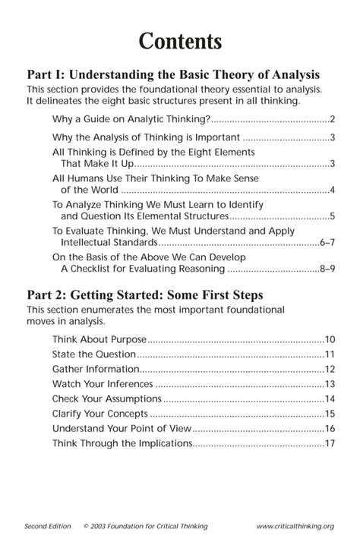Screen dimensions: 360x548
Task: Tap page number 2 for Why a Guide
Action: pos(333,119)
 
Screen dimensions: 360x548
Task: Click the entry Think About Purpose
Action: pos(99,339)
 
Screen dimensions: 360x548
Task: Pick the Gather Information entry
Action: pos(96,369)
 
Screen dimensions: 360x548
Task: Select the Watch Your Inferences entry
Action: pos(103,384)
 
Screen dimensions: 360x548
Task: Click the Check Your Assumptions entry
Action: pos(106,398)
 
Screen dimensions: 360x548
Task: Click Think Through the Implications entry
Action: pos(122,443)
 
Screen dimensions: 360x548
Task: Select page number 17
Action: pos(330,443)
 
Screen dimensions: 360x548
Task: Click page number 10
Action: pos(330,339)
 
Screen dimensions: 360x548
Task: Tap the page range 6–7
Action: pos(327,243)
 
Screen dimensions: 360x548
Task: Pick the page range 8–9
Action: pos(327,269)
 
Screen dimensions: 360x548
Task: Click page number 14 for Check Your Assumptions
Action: pos(330,398)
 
